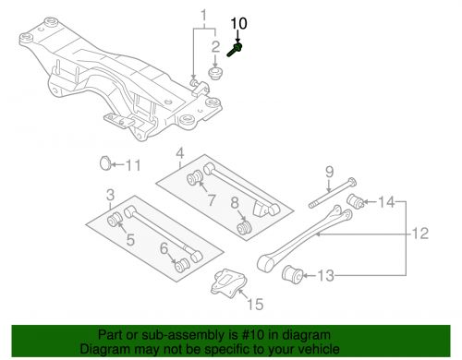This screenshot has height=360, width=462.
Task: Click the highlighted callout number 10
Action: (238, 21)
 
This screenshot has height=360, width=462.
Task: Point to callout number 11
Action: (132, 166)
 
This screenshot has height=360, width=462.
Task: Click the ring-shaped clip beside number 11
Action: (106, 165)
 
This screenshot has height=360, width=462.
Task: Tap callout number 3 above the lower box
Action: (110, 195)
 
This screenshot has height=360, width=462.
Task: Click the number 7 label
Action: (211, 198)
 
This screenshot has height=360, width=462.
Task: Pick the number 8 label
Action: (236, 202)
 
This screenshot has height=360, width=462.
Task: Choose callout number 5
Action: (130, 241)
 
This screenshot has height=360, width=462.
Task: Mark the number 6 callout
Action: (164, 247)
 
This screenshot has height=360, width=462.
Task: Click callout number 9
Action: (327, 170)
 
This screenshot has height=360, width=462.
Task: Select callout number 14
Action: (385, 200)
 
